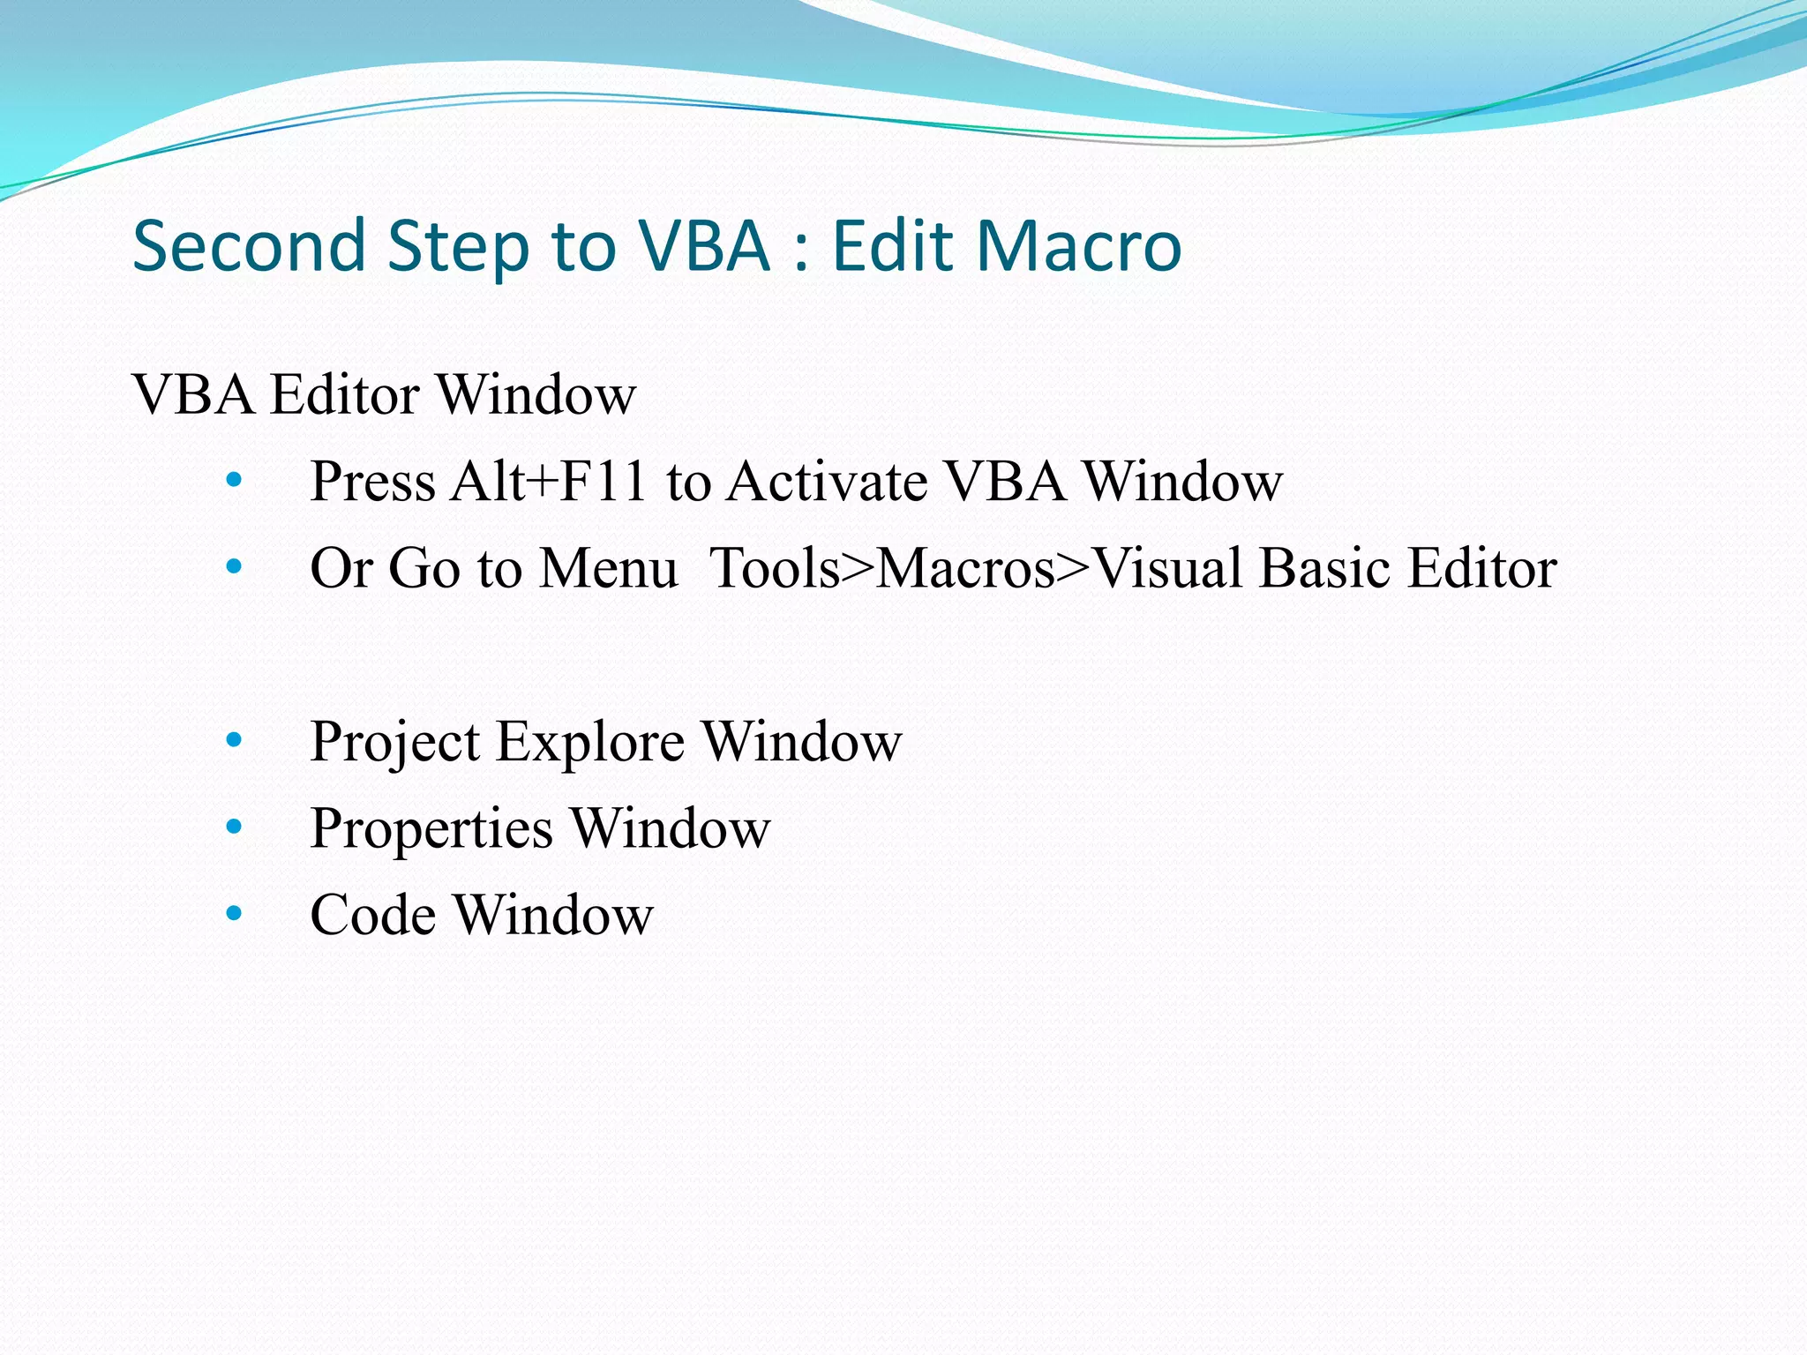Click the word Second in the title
(249, 246)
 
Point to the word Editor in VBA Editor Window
(344, 394)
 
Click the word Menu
(609, 567)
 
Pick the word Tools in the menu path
(774, 567)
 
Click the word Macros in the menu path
(965, 567)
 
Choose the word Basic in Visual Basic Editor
(1312, 567)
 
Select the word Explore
(589, 741)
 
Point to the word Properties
(431, 827)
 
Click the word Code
(372, 914)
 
